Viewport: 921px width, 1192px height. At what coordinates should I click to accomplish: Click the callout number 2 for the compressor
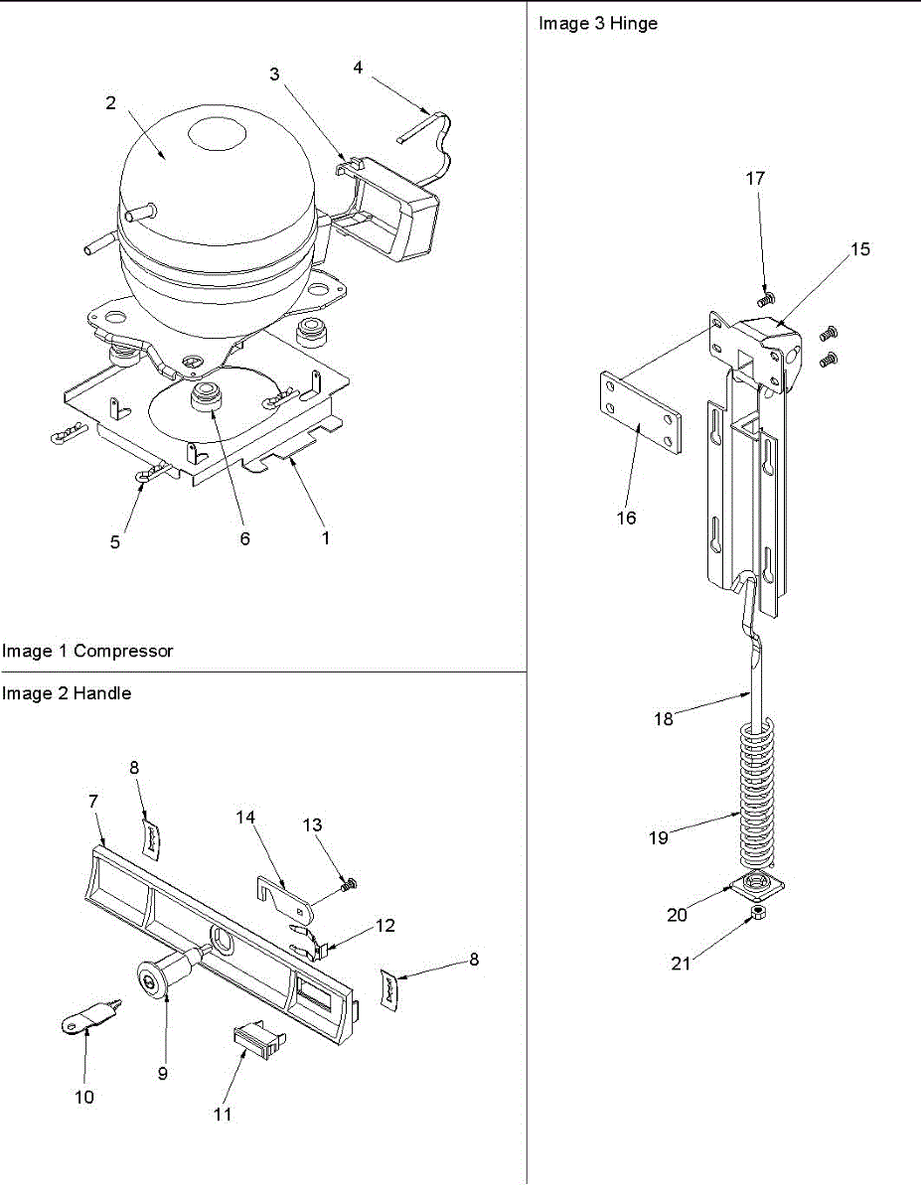click(x=111, y=102)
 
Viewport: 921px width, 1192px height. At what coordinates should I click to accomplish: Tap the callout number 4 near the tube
click(x=358, y=68)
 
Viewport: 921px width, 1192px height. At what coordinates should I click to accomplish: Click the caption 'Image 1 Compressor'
click(x=87, y=652)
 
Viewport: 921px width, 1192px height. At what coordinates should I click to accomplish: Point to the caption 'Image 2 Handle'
click(x=67, y=693)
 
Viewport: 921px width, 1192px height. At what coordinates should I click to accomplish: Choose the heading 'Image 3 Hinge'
click(x=598, y=23)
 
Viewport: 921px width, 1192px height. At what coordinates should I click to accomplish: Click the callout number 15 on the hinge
click(x=860, y=248)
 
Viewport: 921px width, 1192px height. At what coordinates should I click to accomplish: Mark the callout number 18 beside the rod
click(x=664, y=718)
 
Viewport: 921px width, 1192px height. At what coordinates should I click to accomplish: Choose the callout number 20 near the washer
click(x=677, y=915)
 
